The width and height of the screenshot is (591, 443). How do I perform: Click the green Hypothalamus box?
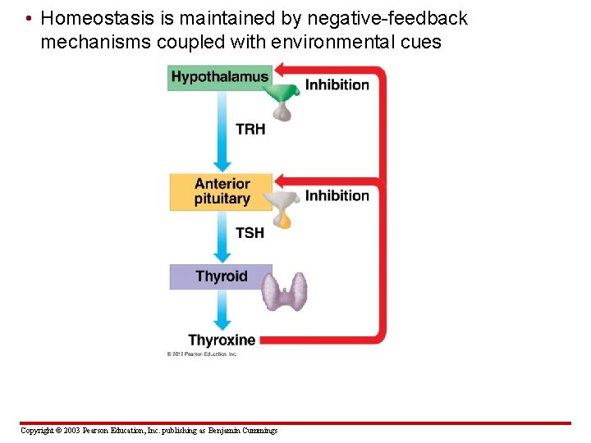pyautogui.click(x=219, y=78)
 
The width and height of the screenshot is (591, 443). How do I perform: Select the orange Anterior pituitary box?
pyautogui.click(x=221, y=191)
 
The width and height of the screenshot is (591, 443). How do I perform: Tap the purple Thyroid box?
pyautogui.click(x=220, y=276)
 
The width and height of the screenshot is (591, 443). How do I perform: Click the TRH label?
pyautogui.click(x=250, y=129)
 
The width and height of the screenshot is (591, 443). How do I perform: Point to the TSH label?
pyautogui.click(x=250, y=233)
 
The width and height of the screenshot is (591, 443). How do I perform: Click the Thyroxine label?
pyautogui.click(x=222, y=340)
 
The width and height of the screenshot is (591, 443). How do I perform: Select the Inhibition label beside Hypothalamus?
pyautogui.click(x=337, y=84)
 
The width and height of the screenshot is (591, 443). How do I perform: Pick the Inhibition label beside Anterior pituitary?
pyautogui.click(x=337, y=195)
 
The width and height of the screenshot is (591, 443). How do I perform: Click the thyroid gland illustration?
pyautogui.click(x=285, y=291)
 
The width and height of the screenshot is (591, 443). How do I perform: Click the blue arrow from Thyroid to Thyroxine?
pyautogui.click(x=220, y=312)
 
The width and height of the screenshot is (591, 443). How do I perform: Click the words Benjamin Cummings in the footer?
pyautogui.click(x=242, y=431)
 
